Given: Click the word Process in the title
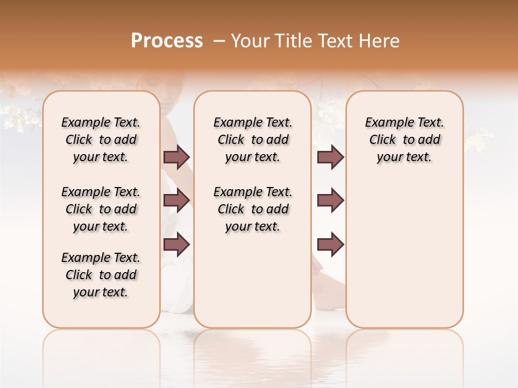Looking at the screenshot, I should point(167,41).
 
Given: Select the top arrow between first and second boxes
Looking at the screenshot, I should point(176,157).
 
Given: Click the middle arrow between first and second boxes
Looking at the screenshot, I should point(176,200).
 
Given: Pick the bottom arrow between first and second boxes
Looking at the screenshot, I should point(176,245).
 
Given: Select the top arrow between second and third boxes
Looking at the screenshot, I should point(330,157).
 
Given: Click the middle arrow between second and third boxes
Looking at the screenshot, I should point(330,200).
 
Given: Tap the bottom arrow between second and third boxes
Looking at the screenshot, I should point(330,245).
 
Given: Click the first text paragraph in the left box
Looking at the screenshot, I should point(101,140).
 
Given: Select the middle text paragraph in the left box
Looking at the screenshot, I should point(101,209).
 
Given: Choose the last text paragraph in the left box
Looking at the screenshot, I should point(101,275).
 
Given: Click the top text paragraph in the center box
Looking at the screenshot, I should point(253,140).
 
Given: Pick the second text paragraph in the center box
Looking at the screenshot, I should point(253,209).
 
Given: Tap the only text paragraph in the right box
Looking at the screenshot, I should point(404,140).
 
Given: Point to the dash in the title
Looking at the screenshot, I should point(219,41).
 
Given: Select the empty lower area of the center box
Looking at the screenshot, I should point(253,280).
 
